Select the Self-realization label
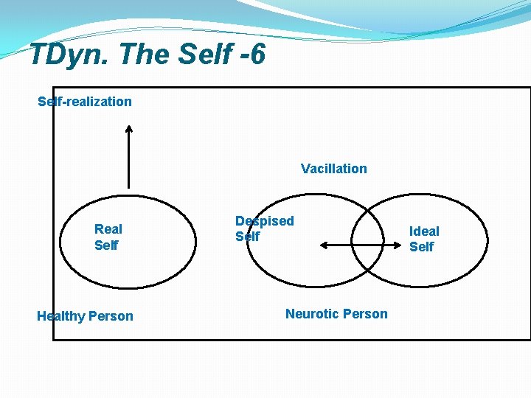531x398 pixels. coord(85,102)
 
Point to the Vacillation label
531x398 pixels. coord(333,169)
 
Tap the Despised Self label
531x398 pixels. coord(264,228)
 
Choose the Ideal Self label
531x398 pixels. coord(423,239)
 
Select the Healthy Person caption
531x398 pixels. coord(85,316)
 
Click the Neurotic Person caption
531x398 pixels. coord(336,314)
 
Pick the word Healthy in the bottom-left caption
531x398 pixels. coord(60,316)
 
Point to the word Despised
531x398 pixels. coord(264,221)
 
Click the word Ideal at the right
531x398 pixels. coord(424,231)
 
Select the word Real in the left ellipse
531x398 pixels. coord(108,229)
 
